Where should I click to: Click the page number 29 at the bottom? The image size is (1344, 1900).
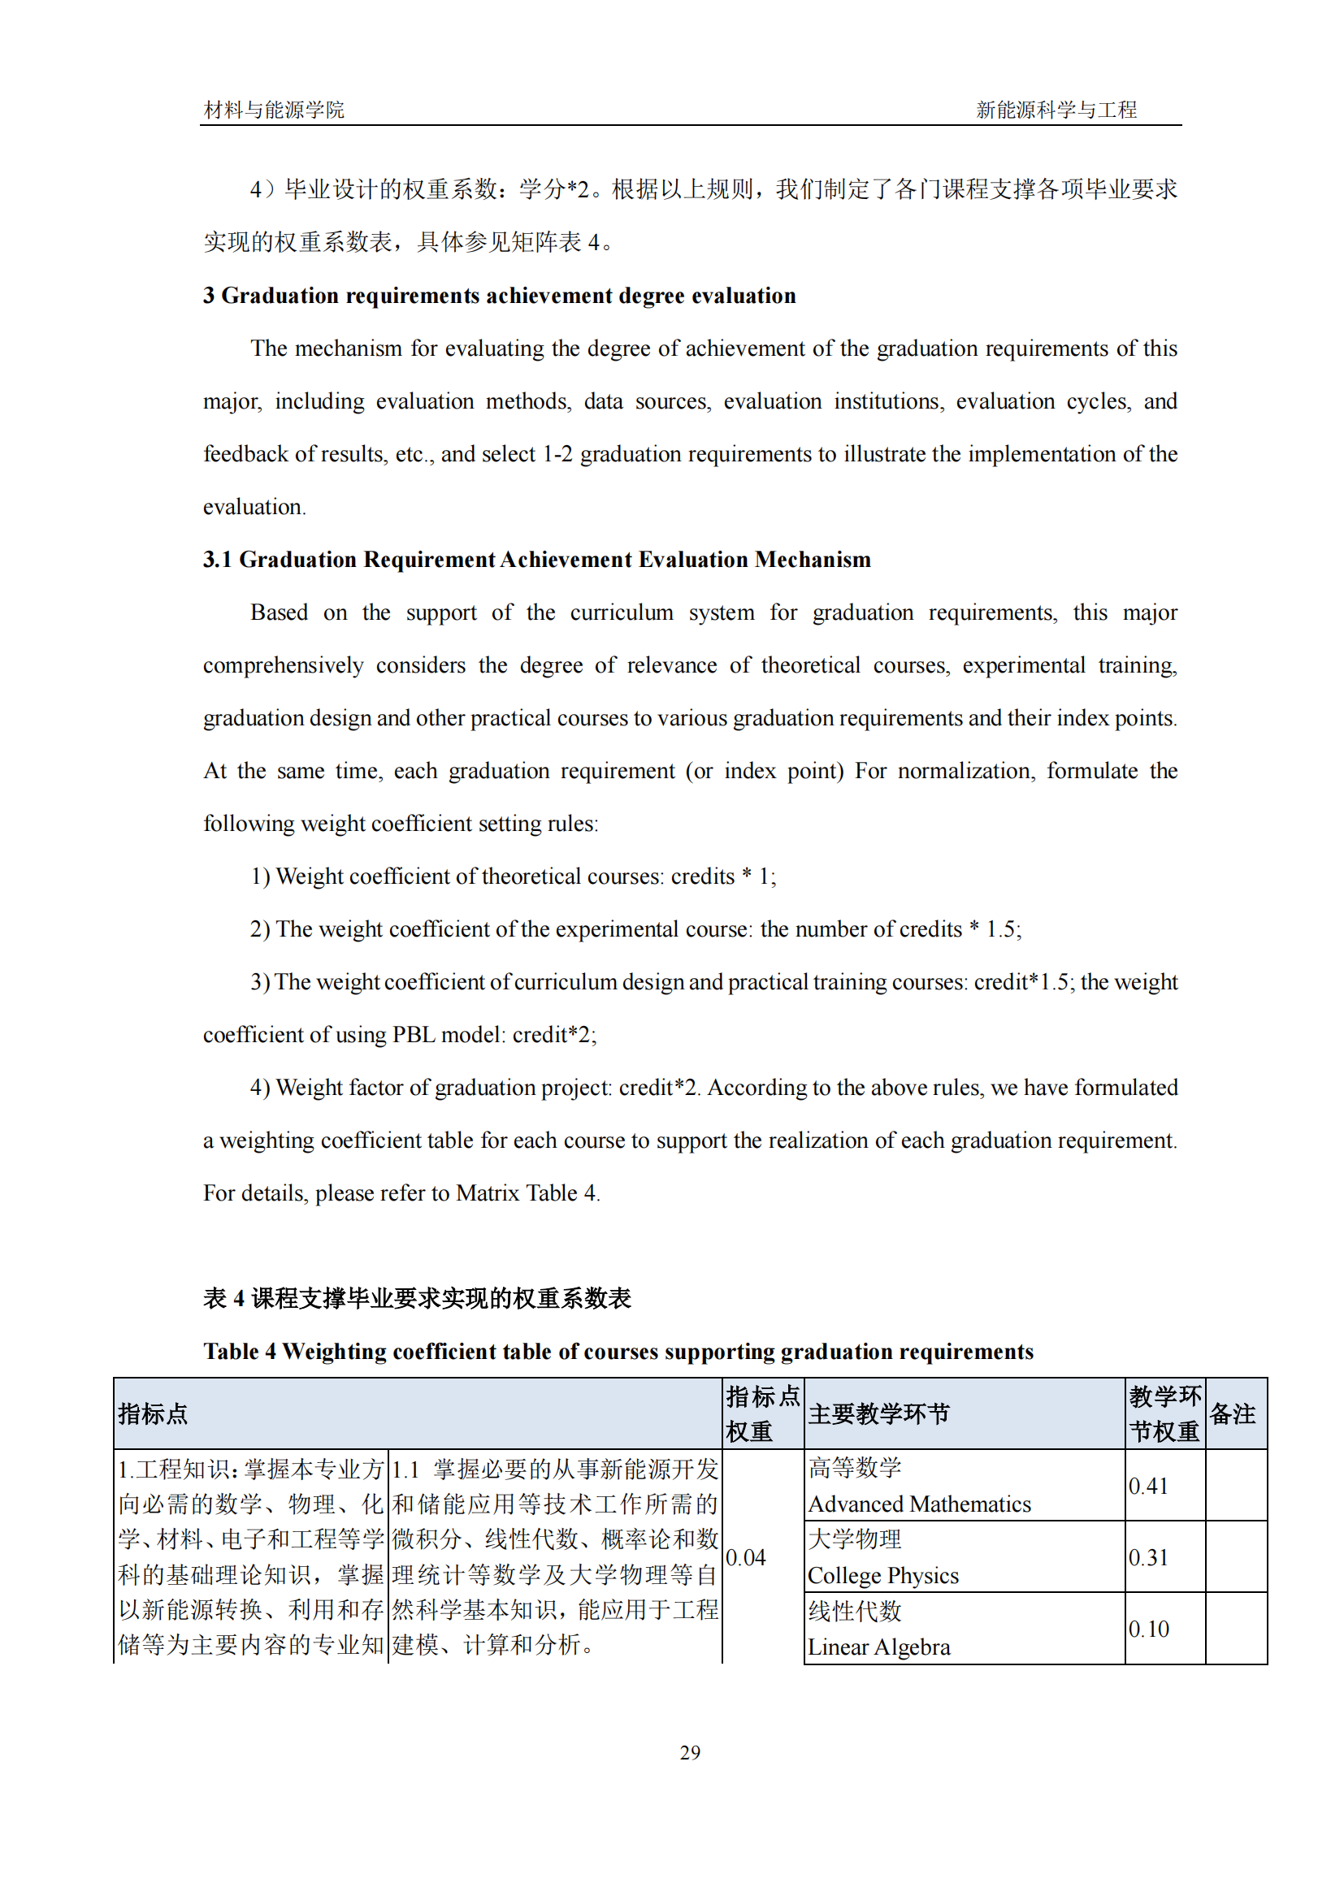click(x=689, y=1752)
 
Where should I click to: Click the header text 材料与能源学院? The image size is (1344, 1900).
click(x=274, y=110)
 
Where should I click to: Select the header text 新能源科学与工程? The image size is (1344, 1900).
click(x=1056, y=110)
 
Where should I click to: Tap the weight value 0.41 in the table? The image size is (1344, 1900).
click(x=1148, y=1487)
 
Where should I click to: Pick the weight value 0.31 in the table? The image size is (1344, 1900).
click(x=1148, y=1557)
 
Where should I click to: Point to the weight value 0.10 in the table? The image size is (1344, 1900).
click(x=1148, y=1629)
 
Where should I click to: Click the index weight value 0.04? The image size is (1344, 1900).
click(x=746, y=1557)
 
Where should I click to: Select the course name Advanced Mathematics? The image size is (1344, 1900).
click(x=919, y=1504)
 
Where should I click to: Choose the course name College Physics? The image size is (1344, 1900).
click(x=883, y=1576)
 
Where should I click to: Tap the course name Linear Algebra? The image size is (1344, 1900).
click(x=878, y=1647)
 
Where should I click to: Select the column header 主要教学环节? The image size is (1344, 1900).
click(x=879, y=1414)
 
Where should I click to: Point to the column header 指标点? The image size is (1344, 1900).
click(x=153, y=1414)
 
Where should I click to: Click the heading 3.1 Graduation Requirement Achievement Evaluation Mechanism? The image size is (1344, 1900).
click(x=536, y=560)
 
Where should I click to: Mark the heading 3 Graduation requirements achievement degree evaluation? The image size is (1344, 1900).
click(x=499, y=296)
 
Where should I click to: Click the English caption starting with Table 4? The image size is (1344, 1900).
click(x=618, y=1352)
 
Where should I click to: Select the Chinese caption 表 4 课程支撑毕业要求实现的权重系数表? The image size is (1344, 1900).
click(x=417, y=1298)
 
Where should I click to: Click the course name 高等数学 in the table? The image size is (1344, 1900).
click(x=855, y=1468)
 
